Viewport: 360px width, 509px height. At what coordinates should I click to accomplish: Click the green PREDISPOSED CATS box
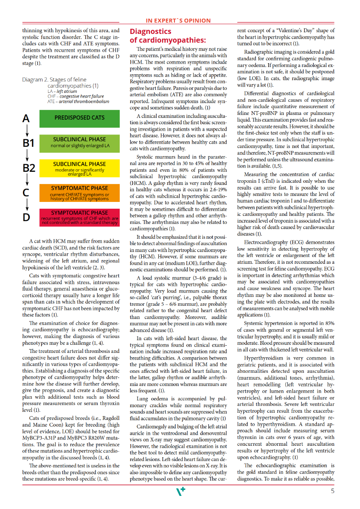pos(79,118)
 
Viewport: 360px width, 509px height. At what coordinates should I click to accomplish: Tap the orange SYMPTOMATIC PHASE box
pos(79,193)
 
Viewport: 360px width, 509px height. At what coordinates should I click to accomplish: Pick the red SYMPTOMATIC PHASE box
pos(79,217)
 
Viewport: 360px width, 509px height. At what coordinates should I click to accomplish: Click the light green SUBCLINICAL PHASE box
pos(79,143)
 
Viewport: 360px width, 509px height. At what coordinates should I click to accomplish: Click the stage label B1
pos(28,143)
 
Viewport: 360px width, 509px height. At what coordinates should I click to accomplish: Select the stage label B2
pos(29,168)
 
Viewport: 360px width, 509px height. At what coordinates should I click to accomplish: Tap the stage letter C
pos(26,193)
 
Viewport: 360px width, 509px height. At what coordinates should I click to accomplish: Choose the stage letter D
pos(26,217)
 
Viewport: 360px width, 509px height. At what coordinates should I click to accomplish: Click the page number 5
pos(332,492)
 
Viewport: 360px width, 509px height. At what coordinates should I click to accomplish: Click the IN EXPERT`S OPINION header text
pos(178,20)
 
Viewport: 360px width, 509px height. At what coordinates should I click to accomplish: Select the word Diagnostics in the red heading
pos(150,32)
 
